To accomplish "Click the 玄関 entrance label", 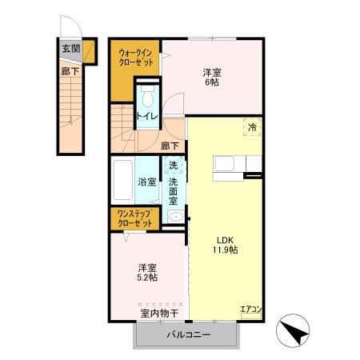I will tap(70, 48).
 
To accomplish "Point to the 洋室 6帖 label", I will tap(212, 78).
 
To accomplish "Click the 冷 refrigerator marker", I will tap(253, 127).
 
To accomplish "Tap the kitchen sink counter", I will tap(228, 164).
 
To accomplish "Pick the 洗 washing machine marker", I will tap(173, 166).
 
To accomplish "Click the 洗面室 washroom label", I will tap(173, 192).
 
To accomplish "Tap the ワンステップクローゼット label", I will tap(134, 218).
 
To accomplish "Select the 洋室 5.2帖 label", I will tap(146, 272).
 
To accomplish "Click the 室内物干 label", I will tap(160, 313).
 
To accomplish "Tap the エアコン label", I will tap(251, 310).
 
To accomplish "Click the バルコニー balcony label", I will tap(189, 335).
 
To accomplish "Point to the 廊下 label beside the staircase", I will tap(70, 70).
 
